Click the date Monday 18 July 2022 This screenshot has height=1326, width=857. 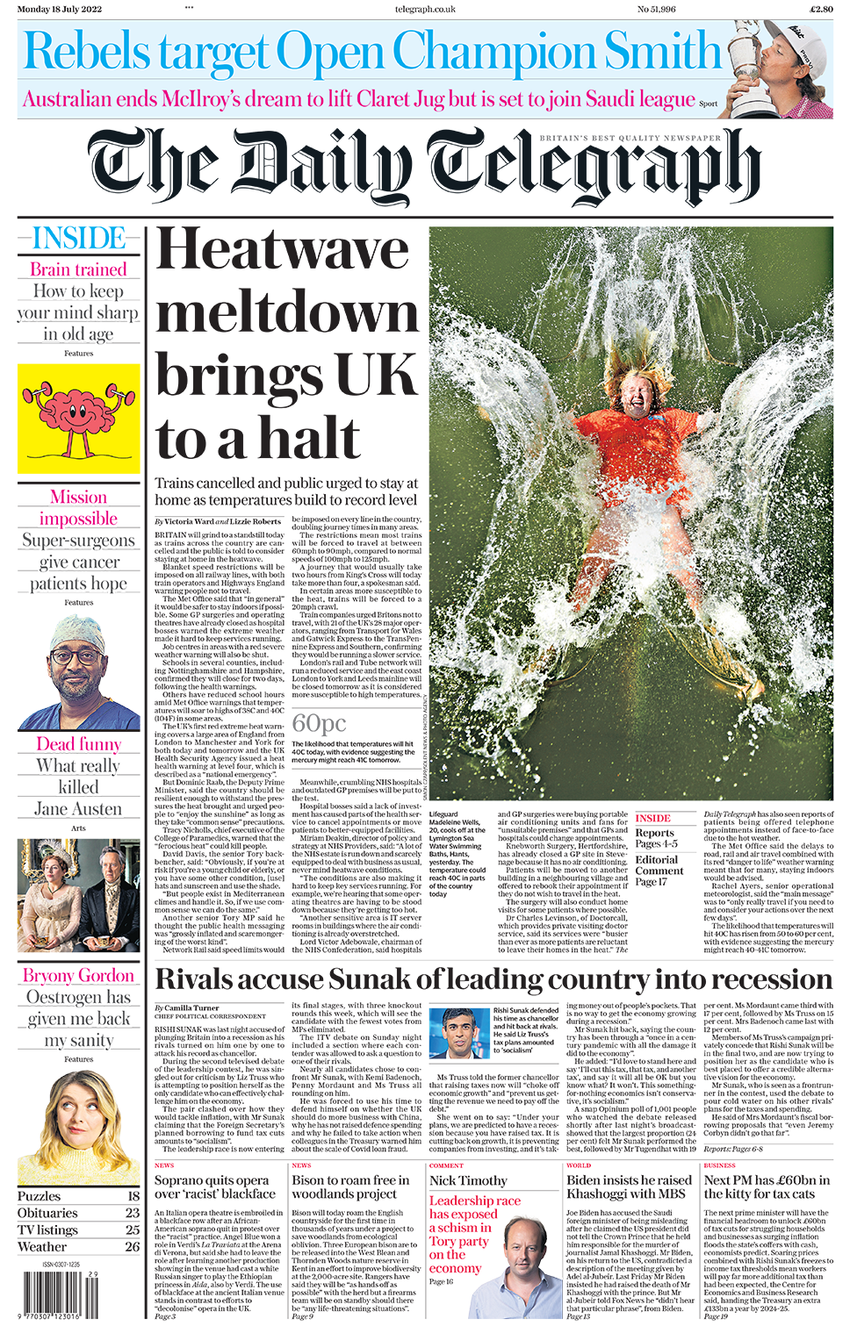pyautogui.click(x=59, y=9)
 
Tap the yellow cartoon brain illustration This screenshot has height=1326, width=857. pyautogui.click(x=78, y=418)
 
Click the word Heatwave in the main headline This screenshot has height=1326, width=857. pyautogui.click(x=282, y=251)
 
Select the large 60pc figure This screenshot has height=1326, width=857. pyautogui.click(x=319, y=723)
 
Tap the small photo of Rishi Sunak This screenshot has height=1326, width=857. pyautogui.click(x=459, y=1034)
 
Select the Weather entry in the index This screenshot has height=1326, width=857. pyautogui.click(x=42, y=1246)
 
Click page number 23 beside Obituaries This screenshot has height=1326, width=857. pyautogui.click(x=132, y=1213)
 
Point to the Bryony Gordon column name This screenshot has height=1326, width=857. pyautogui.click(x=78, y=976)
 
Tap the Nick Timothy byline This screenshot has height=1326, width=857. pyautogui.click(x=468, y=1181)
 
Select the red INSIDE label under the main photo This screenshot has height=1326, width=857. pyautogui.click(x=652, y=818)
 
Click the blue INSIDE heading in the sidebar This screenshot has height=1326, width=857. pyautogui.click(x=78, y=239)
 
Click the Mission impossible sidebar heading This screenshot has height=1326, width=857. pyautogui.click(x=78, y=508)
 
